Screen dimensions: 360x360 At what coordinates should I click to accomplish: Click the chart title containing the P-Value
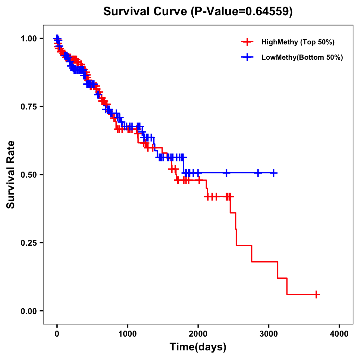point(198,11)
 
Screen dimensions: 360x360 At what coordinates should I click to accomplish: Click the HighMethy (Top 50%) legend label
point(298,42)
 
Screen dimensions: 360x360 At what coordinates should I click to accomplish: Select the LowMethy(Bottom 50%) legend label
point(302,57)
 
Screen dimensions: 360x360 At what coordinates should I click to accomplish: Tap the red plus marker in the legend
point(247,42)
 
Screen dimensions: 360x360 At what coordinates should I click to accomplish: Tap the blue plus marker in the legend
point(247,57)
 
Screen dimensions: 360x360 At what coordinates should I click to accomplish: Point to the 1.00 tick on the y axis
point(29,38)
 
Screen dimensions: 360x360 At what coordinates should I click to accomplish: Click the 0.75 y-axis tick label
point(29,106)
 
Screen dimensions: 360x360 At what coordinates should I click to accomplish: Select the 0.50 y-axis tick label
point(29,175)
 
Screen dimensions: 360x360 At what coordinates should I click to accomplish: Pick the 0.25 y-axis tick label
point(29,243)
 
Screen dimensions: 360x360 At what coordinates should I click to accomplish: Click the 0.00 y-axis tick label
point(29,311)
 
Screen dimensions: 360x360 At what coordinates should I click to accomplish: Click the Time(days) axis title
point(198,347)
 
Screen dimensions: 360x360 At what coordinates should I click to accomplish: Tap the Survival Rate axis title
point(11,175)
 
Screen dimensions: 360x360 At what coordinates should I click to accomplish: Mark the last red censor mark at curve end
point(316,294)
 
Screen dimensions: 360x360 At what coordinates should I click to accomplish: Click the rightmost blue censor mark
point(274,173)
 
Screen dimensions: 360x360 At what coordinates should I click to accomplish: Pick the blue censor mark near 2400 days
point(226,173)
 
